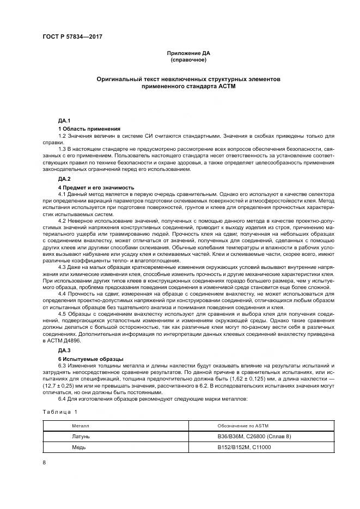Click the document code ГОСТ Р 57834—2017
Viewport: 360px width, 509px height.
[x=72, y=36]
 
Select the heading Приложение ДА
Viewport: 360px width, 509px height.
[x=188, y=53]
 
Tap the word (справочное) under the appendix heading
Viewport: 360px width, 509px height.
[x=188, y=59]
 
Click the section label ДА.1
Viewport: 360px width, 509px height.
[x=65, y=120]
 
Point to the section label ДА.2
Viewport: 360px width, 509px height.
[x=65, y=179]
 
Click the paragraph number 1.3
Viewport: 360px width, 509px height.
[x=63, y=148]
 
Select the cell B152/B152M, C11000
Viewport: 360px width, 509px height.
[x=243, y=447]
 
